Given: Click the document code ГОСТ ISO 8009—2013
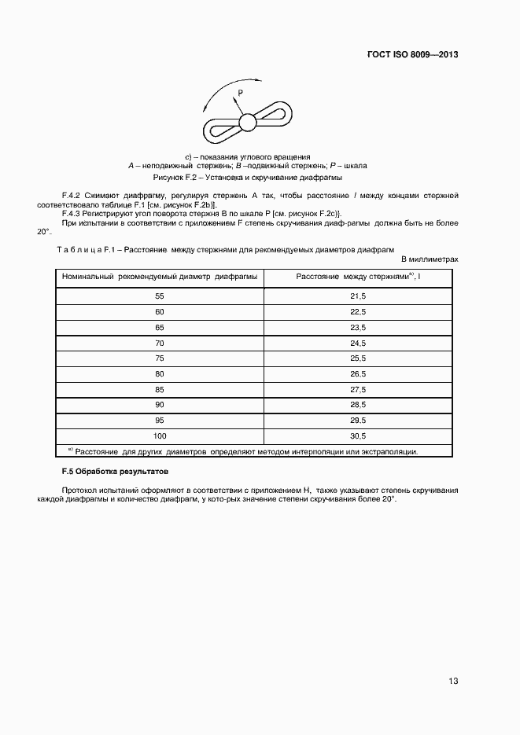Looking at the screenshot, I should point(412,55).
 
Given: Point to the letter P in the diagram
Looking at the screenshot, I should point(241,93).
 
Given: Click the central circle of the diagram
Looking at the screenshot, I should point(247,122).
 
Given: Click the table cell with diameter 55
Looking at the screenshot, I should point(160,296).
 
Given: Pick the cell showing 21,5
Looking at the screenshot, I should point(358,296).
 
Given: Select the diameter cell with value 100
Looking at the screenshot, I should point(160,435).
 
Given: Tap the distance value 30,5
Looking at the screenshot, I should point(358,435).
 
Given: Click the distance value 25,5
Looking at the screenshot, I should point(358,358).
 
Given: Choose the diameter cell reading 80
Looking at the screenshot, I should point(160,373).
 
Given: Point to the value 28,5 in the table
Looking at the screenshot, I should point(358,404).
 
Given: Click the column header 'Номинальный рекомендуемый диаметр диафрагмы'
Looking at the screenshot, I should point(160,277).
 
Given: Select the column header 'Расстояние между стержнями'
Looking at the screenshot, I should point(358,277).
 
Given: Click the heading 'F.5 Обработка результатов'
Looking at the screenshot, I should point(109,471).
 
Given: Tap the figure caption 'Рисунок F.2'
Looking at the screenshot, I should point(247,178).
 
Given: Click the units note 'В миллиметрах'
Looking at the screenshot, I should point(430,259).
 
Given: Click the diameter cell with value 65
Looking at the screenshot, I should point(160,327).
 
